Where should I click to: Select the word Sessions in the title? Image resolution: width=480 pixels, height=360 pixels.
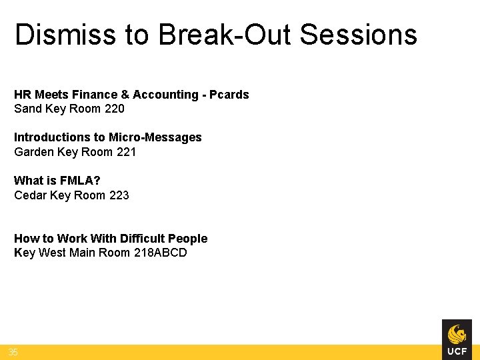click(x=359, y=35)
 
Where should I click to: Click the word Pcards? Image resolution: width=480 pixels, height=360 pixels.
click(x=229, y=95)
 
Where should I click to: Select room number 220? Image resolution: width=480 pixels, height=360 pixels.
click(x=114, y=109)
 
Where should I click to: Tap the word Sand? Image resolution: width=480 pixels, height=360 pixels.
click(x=27, y=109)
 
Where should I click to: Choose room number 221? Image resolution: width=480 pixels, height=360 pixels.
click(x=125, y=152)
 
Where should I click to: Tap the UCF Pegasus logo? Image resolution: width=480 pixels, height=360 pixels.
click(x=457, y=339)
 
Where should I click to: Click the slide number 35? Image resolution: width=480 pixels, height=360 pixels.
click(x=13, y=352)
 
